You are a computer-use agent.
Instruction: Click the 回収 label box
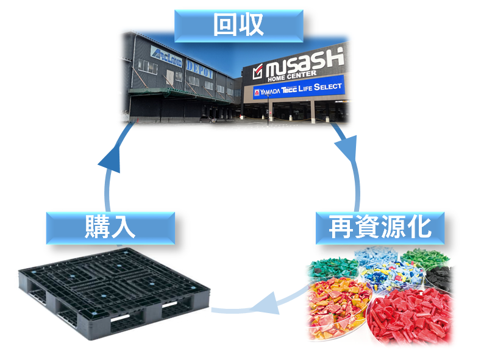point(238,25)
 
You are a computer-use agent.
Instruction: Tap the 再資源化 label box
point(379,228)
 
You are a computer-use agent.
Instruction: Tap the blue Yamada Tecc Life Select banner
point(298,89)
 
